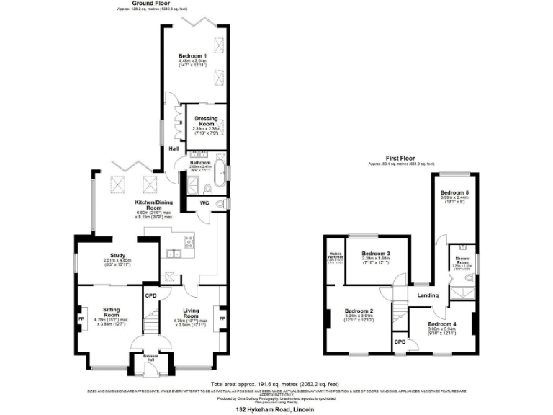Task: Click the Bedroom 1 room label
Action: click(192, 55)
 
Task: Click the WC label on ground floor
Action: click(204, 204)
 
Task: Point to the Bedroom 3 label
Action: click(375, 254)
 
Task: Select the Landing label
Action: click(429, 295)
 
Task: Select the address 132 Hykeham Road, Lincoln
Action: click(276, 409)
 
